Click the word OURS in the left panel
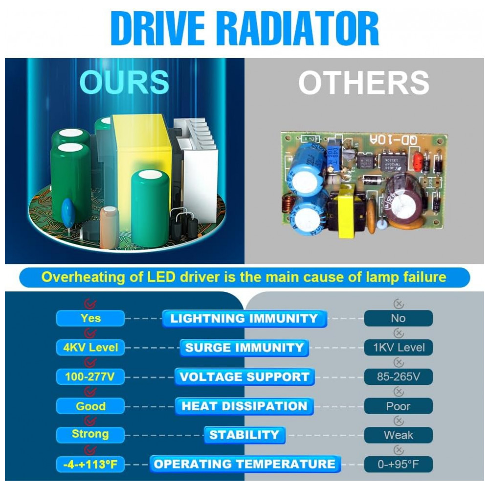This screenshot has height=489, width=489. pos(124,82)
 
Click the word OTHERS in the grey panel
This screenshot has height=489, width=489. pos(364,82)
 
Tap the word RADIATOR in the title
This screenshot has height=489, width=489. pos(301,29)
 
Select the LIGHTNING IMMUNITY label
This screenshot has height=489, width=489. pos(244,318)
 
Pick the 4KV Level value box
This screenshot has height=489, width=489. pos(90,347)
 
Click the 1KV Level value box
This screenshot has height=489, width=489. pos(398,347)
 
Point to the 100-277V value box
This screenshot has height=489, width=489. pos(90,377)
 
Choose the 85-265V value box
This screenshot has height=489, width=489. pos(398,377)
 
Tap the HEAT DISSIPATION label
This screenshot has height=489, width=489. pos(244,406)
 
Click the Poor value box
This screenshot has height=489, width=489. pos(398,406)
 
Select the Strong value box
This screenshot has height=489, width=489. pos(90,435)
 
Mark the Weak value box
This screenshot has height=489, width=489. pos(398,435)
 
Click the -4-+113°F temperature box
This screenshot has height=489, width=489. pos(90,465)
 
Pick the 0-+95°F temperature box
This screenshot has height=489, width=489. pos(398,465)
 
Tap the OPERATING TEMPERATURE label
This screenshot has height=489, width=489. pos(245,464)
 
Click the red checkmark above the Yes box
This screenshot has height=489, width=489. pos(90,304)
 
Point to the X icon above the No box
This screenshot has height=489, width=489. pos(399,304)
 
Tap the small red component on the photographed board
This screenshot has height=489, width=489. pos(418,161)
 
